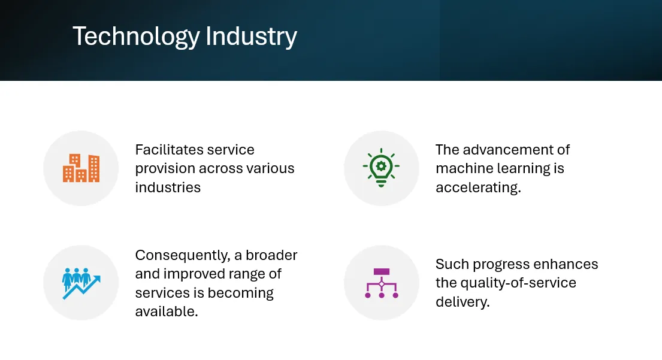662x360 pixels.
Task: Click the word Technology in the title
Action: click(x=136, y=37)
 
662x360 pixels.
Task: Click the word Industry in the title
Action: click(x=252, y=37)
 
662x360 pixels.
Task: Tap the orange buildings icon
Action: click(x=81, y=168)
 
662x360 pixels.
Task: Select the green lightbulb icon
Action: click(x=381, y=168)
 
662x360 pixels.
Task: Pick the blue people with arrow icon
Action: click(x=81, y=283)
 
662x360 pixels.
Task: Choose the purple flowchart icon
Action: click(x=382, y=283)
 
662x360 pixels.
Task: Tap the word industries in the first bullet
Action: click(x=168, y=187)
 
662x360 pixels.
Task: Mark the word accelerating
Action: click(x=477, y=187)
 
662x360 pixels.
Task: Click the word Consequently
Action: click(x=182, y=256)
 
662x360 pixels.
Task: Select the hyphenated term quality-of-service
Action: click(x=518, y=283)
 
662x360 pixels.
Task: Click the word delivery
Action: click(x=462, y=302)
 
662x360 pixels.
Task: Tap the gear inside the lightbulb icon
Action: click(x=381, y=165)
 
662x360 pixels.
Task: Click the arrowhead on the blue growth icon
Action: click(x=96, y=279)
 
